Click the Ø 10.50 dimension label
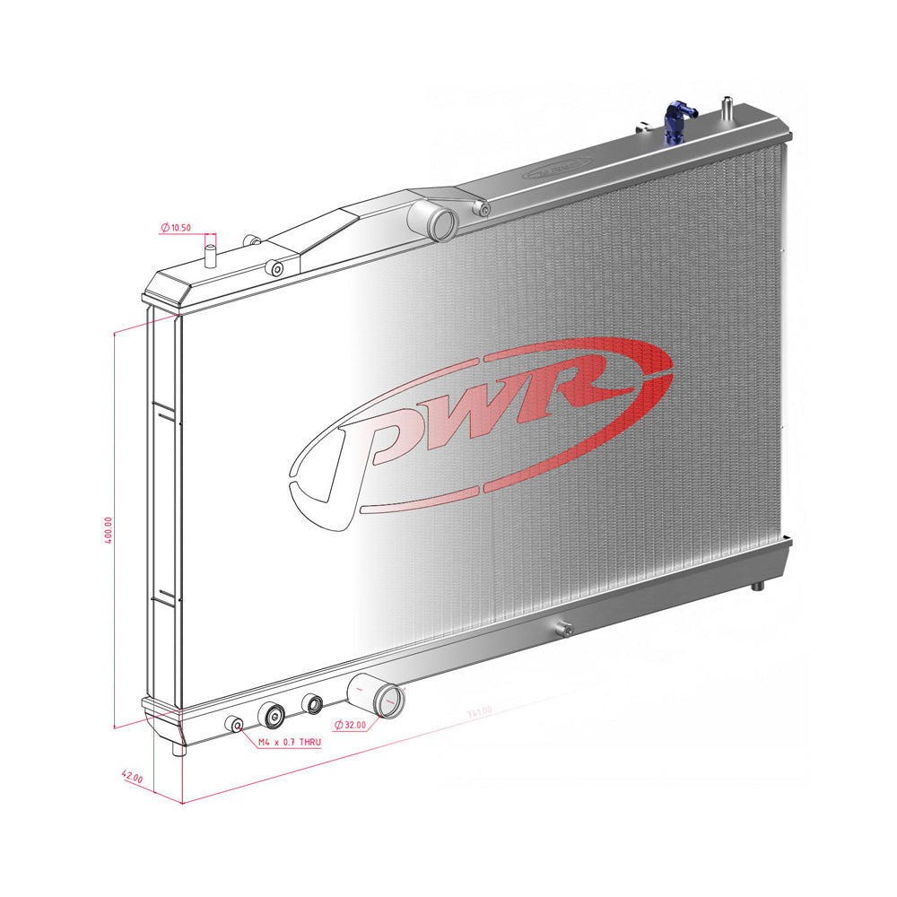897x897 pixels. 176,229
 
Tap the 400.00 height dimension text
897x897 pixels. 109,531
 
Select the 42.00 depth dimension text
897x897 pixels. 131,779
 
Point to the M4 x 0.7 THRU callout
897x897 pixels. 289,743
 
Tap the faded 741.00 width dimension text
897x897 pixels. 479,712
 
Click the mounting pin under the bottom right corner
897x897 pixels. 757,585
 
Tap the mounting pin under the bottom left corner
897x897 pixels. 179,745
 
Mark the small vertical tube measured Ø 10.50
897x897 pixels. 212,252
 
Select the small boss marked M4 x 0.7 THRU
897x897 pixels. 237,725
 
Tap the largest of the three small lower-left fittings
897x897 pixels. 273,715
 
